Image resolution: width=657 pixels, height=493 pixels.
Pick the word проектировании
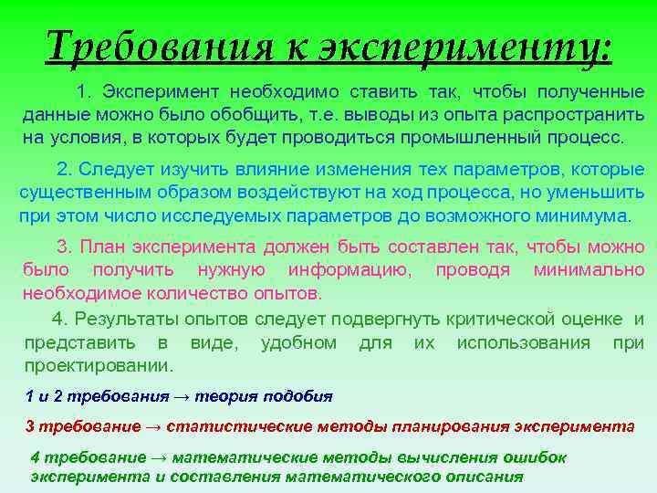point(99,366)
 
